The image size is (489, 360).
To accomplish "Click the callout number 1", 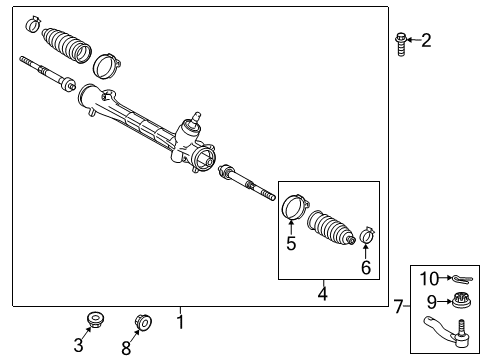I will tap(180, 322).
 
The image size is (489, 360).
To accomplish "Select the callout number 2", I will tap(426, 41).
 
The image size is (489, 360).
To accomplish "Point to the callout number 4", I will tap(322, 294).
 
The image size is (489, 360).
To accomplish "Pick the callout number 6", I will tap(366, 268).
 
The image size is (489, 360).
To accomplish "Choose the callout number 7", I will tap(398, 306).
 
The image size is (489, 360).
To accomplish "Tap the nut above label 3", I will tap(95, 319).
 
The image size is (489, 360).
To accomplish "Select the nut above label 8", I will tap(142, 321).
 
